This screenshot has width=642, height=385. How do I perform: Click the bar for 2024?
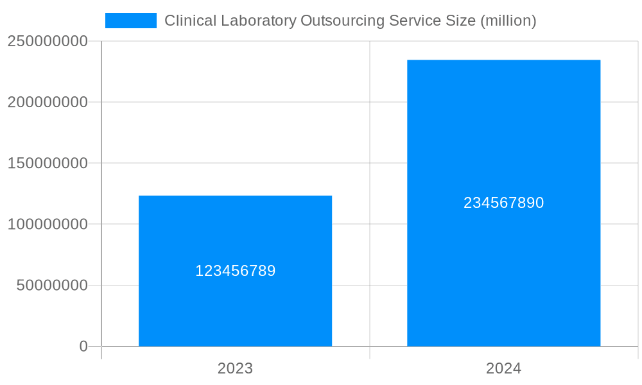tap(503, 269)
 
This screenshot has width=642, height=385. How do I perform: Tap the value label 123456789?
tap(235, 271)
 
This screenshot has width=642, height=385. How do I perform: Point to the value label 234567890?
tap(503, 203)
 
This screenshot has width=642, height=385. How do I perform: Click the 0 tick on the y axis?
tap(83, 346)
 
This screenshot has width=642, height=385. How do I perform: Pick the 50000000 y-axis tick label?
tap(52, 286)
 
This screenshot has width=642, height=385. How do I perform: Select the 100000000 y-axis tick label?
tap(48, 225)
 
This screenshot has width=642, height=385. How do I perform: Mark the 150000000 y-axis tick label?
tap(48, 163)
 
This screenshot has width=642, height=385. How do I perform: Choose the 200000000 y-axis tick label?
tap(48, 102)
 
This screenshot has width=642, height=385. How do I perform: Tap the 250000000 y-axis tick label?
tap(48, 41)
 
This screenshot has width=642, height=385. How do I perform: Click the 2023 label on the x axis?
tap(235, 368)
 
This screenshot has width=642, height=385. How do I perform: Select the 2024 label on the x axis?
tap(503, 368)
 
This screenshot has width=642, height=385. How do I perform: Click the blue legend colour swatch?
tap(131, 21)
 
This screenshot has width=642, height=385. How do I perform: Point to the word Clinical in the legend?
tap(187, 21)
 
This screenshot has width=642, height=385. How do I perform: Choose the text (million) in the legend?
tap(508, 21)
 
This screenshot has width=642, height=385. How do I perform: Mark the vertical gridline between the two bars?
tap(370, 128)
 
